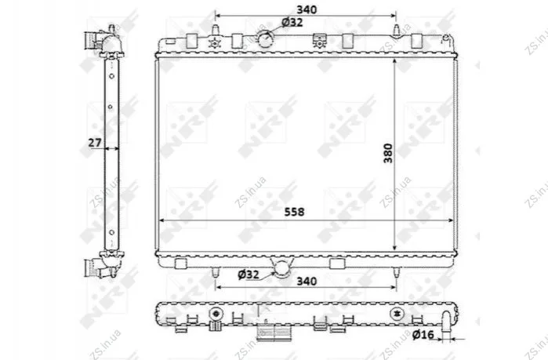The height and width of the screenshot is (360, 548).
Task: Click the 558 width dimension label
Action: [x=294, y=212]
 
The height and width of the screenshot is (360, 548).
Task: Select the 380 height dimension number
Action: [x=388, y=153]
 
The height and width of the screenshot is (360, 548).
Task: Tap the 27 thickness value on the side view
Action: [x=95, y=143]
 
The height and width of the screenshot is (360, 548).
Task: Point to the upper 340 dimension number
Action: [x=307, y=9]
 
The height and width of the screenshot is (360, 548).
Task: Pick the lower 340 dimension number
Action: [x=307, y=281]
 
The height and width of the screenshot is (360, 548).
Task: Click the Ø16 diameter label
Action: [x=423, y=335]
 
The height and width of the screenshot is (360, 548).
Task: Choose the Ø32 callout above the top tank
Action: [x=292, y=23]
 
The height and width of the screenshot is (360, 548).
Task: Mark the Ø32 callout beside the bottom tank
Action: [x=249, y=275]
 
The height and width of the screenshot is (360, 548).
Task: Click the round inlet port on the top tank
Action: [x=265, y=38]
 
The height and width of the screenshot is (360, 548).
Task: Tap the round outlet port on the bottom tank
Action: [x=282, y=269]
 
